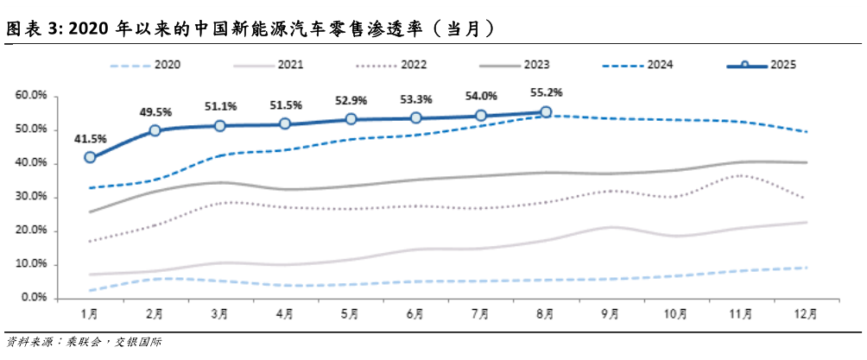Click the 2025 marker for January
pyautogui.click(x=90, y=157)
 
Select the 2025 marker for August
pyautogui.click(x=546, y=112)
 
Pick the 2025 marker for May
pyautogui.click(x=351, y=119)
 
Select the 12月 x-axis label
pyautogui.click(x=805, y=315)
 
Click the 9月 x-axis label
pyautogui.click(x=610, y=315)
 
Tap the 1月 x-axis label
pyautogui.click(x=89, y=315)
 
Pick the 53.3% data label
pyautogui.click(x=416, y=98)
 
